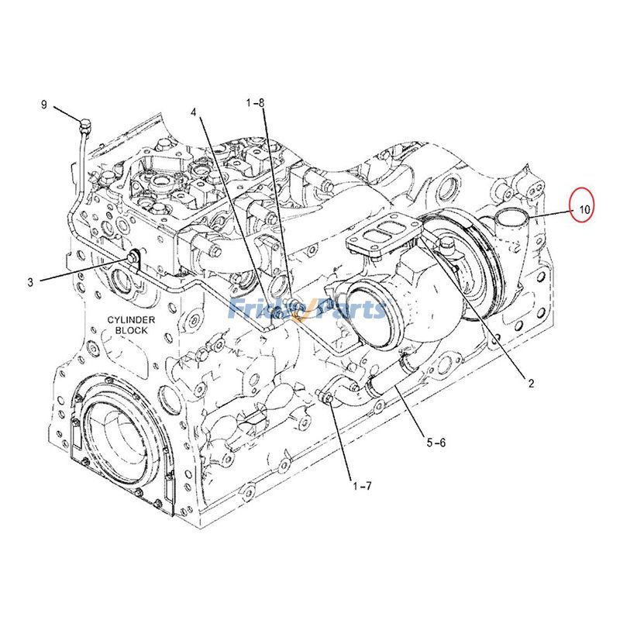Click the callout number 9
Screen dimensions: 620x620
pyautogui.click(x=44, y=104)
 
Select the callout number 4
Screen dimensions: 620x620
pyautogui.click(x=194, y=112)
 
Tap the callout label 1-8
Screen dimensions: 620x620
pyautogui.click(x=256, y=102)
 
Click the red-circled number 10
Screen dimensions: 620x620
pyautogui.click(x=584, y=208)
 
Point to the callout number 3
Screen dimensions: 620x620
pyautogui.click(x=31, y=282)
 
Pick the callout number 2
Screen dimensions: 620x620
pyautogui.click(x=532, y=382)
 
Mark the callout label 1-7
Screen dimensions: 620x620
pyautogui.click(x=362, y=486)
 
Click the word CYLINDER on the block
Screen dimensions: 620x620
pyautogui.click(x=132, y=319)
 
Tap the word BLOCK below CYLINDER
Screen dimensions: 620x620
pyautogui.click(x=131, y=330)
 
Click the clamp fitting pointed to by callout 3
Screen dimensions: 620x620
pyautogui.click(x=136, y=257)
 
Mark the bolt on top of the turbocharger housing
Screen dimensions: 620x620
pyautogui.click(x=447, y=248)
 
